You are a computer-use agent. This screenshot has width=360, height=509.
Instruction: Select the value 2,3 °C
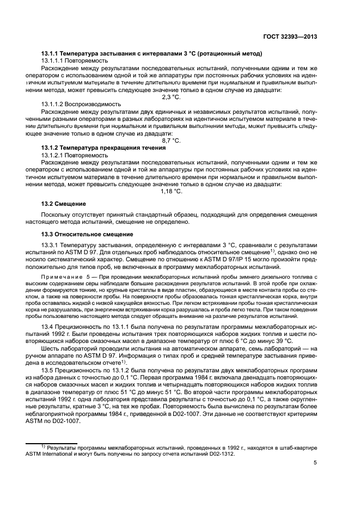pyautogui.click(x=171, y=97)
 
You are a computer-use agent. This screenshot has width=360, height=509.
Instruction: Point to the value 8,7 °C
pyautogui.click(x=171, y=140)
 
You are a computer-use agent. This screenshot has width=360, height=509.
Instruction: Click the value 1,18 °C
pyautogui.click(x=171, y=191)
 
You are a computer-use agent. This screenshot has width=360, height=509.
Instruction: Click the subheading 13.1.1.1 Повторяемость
pyautogui.click(x=77, y=60)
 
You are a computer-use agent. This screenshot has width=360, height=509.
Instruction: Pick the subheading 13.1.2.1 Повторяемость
pyautogui.click(x=77, y=155)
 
